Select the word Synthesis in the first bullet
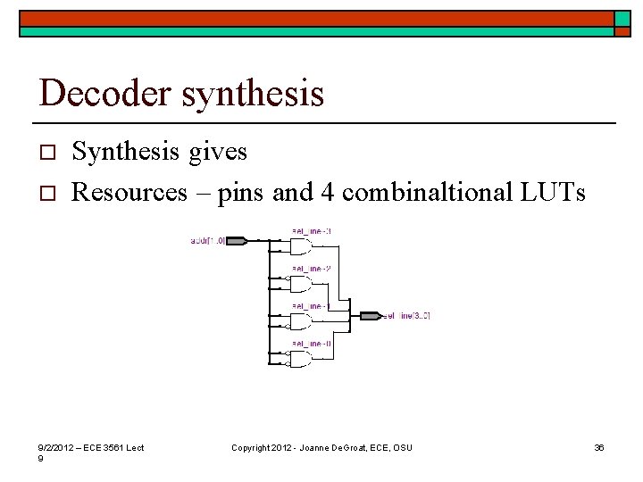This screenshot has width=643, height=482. point(125,153)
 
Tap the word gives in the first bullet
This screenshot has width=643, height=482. point(217,153)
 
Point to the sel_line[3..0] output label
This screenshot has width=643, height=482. point(407,316)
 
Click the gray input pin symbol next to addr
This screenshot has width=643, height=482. point(238,241)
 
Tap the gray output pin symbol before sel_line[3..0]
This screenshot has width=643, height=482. point(370,316)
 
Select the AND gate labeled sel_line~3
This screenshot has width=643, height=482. point(299,247)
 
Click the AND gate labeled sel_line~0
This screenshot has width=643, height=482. point(299,359)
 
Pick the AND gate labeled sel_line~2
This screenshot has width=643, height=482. point(299,284)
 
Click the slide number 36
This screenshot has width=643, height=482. point(599,447)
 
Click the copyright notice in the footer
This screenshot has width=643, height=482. point(321,447)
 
